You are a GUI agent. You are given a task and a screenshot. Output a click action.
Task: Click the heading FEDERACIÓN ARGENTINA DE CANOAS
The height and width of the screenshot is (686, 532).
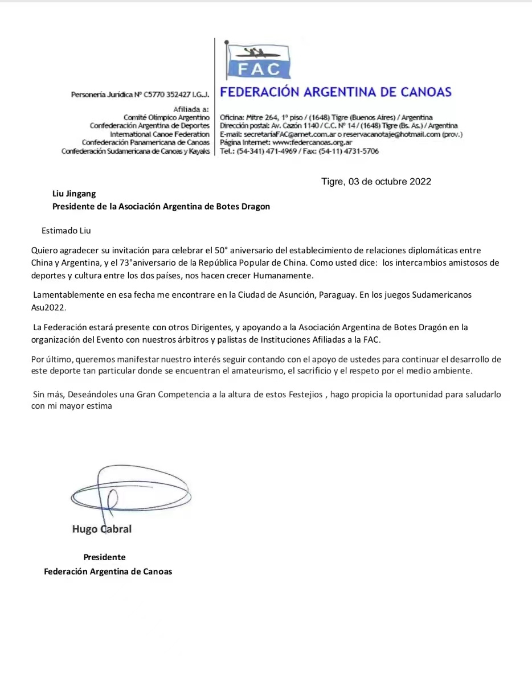coord(335,92)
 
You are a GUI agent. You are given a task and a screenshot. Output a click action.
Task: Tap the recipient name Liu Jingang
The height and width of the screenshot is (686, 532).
coord(74,194)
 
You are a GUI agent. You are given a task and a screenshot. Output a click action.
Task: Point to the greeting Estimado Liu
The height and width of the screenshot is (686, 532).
coord(66,231)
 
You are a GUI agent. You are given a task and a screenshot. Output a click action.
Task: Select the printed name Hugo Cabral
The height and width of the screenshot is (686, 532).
coord(102,529)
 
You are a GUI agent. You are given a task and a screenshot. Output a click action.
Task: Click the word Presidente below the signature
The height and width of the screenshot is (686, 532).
coord(104,557)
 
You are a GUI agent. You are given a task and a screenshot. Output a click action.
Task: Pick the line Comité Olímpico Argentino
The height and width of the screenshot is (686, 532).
coord(162,117)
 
